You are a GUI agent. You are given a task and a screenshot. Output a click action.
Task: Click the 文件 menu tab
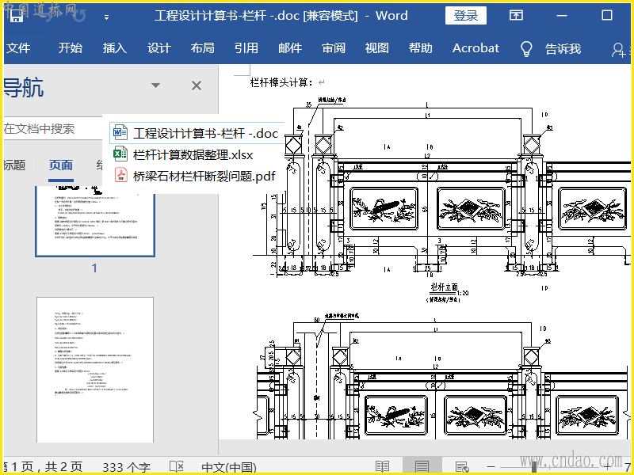(17, 48)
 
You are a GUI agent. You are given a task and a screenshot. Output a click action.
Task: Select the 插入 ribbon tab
(115, 48)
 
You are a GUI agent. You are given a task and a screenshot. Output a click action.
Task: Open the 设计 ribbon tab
(159, 48)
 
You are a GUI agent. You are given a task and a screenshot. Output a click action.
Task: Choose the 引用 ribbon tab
(246, 48)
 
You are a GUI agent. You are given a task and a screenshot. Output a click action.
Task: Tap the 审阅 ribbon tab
(334, 48)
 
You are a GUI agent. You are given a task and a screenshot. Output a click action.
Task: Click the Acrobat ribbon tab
(475, 48)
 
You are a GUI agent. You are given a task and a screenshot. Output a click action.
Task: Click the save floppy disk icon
(17, 16)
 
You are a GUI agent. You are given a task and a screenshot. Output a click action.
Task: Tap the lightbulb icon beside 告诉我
(525, 48)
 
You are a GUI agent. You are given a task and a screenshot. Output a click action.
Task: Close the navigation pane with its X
(197, 85)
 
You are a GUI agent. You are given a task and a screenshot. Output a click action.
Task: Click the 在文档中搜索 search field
(48, 128)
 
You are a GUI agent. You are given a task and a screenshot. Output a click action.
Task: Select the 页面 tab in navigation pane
(61, 165)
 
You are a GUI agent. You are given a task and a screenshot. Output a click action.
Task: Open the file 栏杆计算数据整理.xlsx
(193, 154)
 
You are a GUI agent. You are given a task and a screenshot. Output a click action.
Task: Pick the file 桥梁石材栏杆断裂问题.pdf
(204, 176)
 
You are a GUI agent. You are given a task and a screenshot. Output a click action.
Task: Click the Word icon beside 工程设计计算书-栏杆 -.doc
(120, 133)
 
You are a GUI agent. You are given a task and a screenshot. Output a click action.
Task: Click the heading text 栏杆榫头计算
(281, 82)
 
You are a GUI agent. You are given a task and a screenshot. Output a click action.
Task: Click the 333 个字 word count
(126, 467)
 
